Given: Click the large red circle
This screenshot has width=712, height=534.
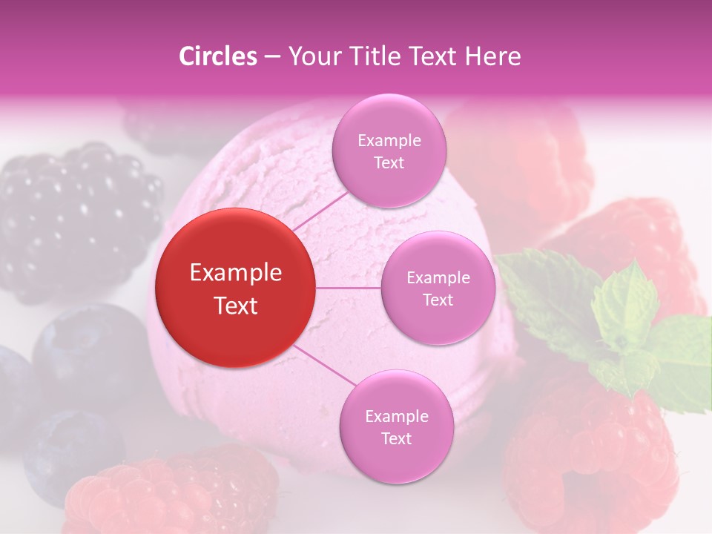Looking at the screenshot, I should (235, 288).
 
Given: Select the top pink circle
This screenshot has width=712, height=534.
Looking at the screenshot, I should (389, 151).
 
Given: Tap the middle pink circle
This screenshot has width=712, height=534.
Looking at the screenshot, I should (438, 288).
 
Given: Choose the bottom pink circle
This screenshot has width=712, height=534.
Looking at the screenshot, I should (396, 426).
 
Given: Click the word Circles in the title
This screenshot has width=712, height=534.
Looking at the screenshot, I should (217, 56).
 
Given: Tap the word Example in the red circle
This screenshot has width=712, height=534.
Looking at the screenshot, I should (235, 273).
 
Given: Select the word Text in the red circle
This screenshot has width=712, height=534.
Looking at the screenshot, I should (235, 306).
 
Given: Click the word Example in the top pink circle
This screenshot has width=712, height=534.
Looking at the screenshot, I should (389, 140).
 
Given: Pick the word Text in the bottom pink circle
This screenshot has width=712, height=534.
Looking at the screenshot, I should (396, 438).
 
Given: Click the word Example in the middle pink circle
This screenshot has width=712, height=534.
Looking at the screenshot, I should (438, 277).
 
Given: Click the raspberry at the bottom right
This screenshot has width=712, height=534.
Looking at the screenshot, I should (586, 452).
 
